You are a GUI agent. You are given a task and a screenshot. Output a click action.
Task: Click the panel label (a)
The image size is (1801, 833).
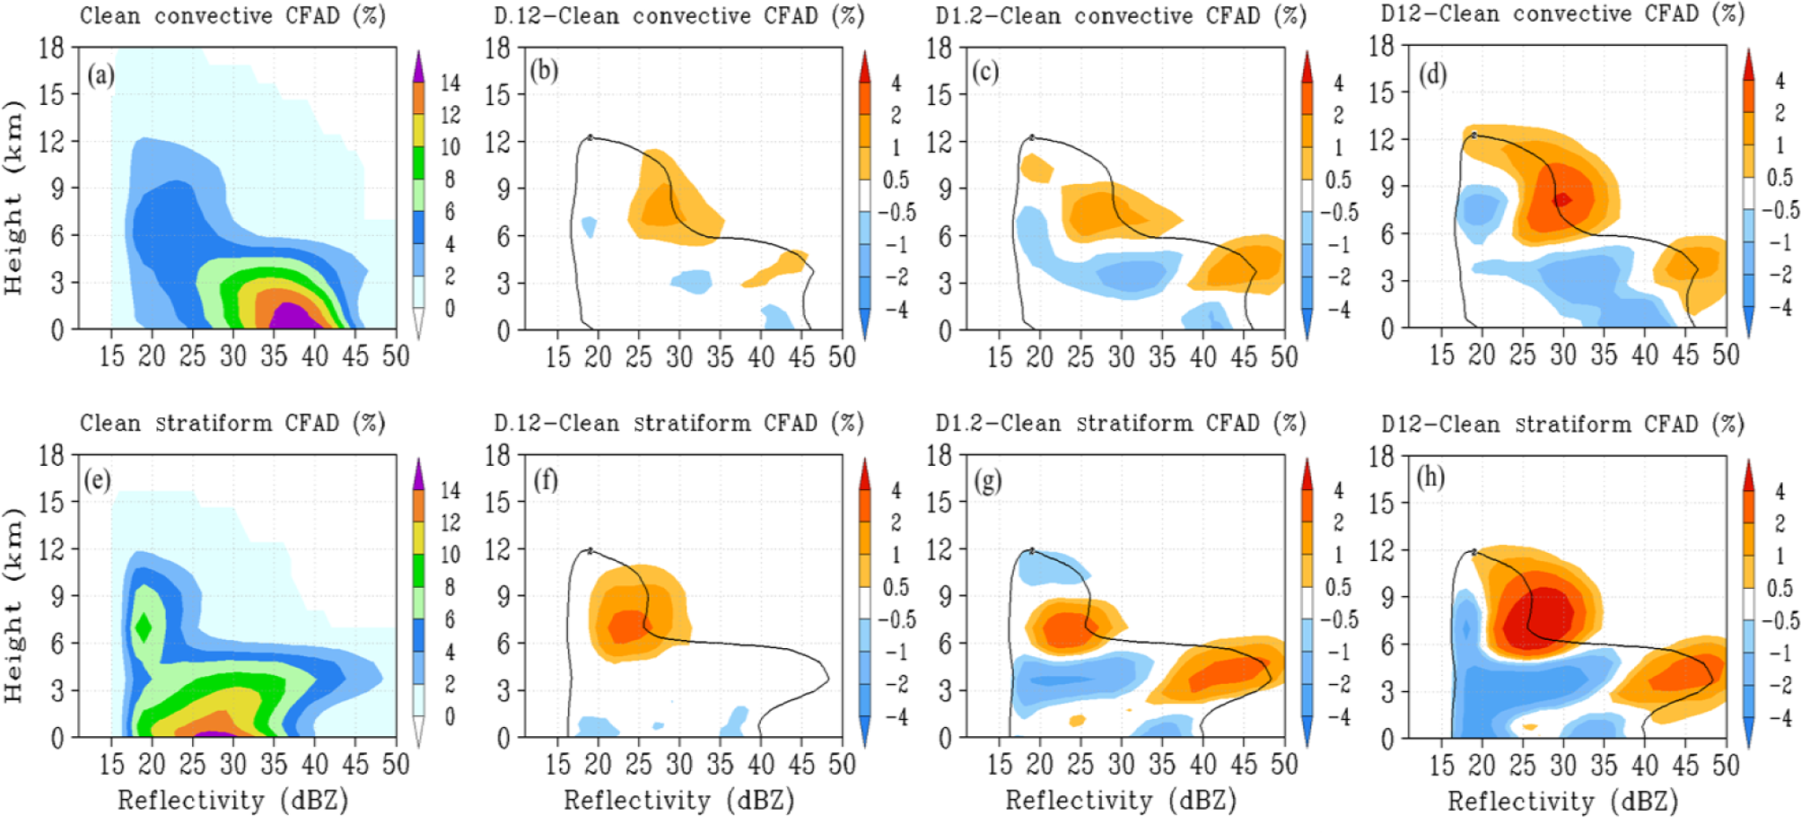click(100, 75)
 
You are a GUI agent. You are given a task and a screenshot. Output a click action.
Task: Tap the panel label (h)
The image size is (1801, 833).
click(1429, 478)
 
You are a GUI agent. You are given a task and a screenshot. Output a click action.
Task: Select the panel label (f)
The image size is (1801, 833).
click(546, 481)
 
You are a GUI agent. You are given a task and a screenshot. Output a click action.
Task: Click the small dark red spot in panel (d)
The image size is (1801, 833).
click(1562, 199)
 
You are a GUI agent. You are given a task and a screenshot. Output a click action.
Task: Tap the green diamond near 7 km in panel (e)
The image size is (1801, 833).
click(142, 626)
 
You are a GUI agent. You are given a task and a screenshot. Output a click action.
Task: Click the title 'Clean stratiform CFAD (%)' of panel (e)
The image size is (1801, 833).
click(232, 423)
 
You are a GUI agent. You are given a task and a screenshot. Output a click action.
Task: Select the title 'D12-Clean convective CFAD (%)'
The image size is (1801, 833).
click(1562, 14)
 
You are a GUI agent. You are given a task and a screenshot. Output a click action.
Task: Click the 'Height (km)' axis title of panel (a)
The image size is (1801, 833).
click(13, 197)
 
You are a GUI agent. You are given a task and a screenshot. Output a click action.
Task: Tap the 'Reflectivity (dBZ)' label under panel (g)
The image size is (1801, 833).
click(1120, 800)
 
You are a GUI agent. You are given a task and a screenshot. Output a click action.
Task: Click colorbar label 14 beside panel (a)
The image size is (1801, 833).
click(450, 83)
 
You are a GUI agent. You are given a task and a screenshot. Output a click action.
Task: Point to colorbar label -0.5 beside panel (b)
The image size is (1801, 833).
click(896, 213)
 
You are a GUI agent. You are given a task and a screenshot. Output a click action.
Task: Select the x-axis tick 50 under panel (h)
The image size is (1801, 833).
click(1725, 766)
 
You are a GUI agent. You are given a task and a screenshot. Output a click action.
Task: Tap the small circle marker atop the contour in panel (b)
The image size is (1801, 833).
click(590, 137)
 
